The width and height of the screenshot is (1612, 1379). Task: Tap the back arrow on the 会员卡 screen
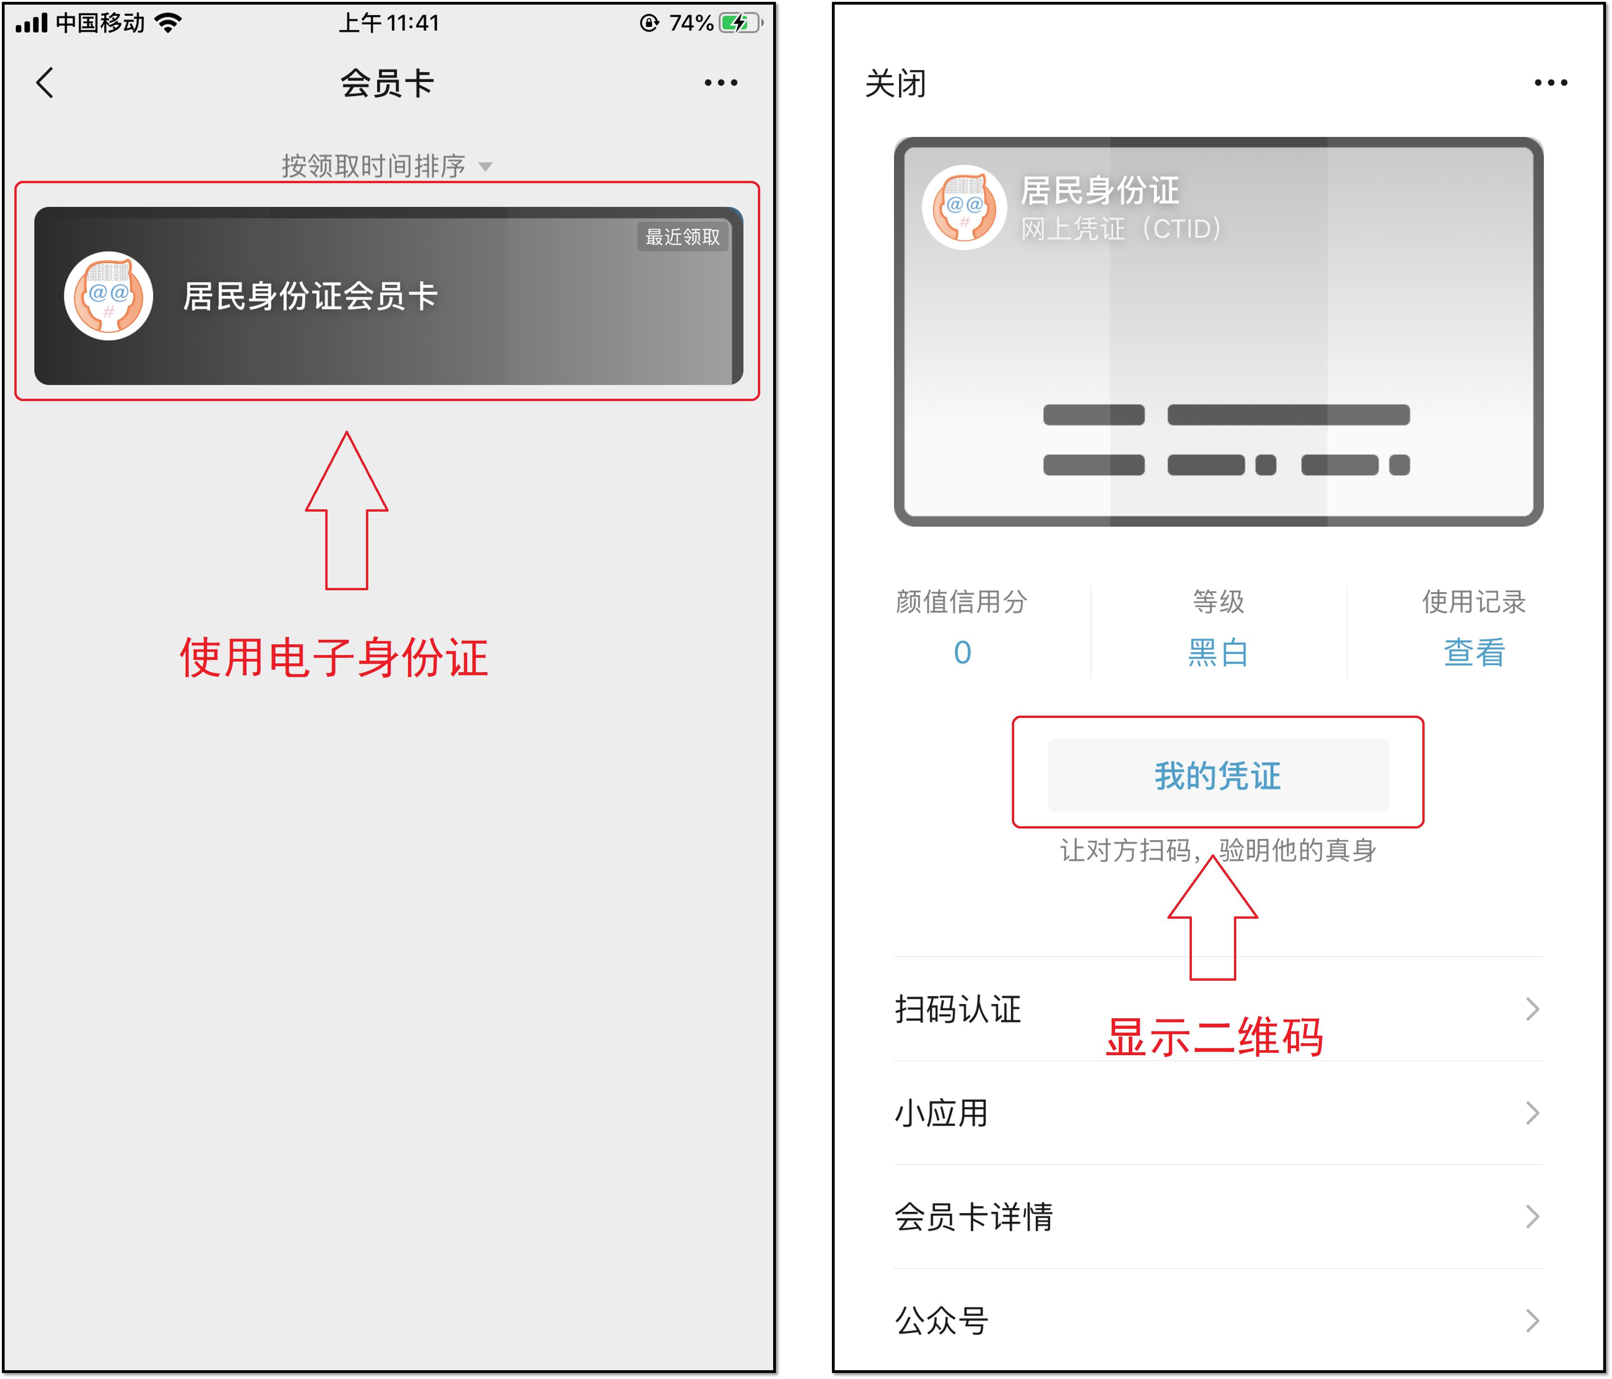pos(45,82)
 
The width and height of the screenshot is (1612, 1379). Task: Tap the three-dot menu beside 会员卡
pos(720,82)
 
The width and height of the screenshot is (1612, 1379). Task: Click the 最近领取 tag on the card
pos(682,236)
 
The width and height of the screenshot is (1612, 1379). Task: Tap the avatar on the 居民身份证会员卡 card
pos(108,296)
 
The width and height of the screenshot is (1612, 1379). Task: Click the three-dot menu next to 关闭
pos(1550,82)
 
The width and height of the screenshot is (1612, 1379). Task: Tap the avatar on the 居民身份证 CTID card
pos(964,207)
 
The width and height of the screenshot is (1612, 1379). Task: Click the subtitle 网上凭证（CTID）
pos(1120,229)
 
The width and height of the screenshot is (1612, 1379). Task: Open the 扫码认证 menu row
pos(1217,1009)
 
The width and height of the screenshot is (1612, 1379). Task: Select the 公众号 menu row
pos(1217,1320)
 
